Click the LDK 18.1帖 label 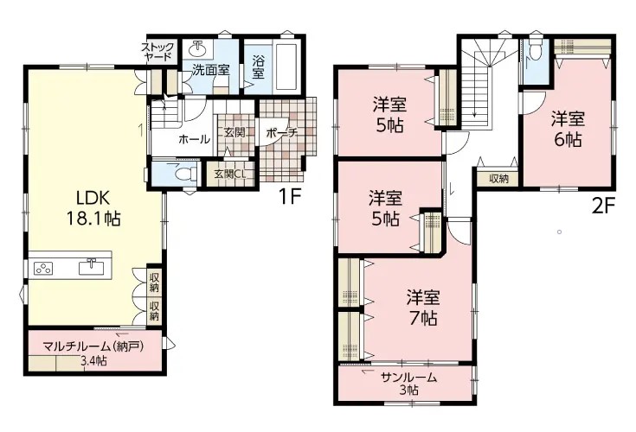93,208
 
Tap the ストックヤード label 157,52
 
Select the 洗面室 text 211,70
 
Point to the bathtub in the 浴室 287,67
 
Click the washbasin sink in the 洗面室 197,49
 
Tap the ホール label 195,139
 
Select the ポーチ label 282,133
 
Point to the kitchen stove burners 43,269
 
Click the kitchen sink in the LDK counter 91,268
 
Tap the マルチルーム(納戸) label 93,347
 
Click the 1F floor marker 289,197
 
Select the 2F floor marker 604,206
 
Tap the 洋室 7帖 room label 423,308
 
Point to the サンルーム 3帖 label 408,384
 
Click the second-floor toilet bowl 536,50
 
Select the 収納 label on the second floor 498,179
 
